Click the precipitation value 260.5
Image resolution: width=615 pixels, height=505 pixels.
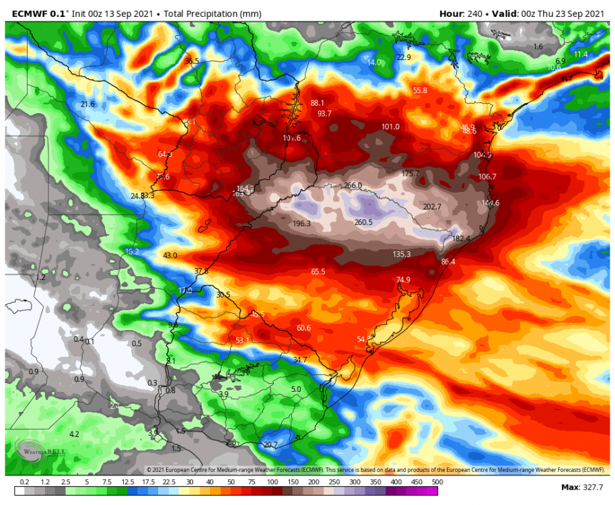pyautogui.click(x=363, y=222)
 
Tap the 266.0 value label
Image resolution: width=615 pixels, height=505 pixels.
pyautogui.click(x=353, y=186)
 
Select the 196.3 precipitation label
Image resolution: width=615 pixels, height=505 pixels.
pyautogui.click(x=302, y=224)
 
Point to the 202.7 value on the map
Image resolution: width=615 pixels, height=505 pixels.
pyautogui.click(x=432, y=207)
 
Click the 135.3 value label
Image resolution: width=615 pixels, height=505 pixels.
pyautogui.click(x=402, y=254)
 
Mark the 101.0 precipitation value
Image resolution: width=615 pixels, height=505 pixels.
pyautogui.click(x=390, y=127)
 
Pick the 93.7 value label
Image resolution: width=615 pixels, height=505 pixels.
pyautogui.click(x=325, y=114)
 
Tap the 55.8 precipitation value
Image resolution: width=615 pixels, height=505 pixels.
pyautogui.click(x=421, y=90)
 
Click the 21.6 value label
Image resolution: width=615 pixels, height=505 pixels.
pyautogui.click(x=87, y=104)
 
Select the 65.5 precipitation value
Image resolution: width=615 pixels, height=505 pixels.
pyautogui.click(x=318, y=272)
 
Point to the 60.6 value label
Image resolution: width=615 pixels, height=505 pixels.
pyautogui.click(x=303, y=328)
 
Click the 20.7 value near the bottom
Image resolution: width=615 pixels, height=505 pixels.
pyautogui.click(x=270, y=445)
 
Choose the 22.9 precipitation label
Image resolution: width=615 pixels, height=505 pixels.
pyautogui.click(x=404, y=58)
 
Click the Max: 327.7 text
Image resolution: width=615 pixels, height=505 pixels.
pyautogui.click(x=582, y=487)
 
